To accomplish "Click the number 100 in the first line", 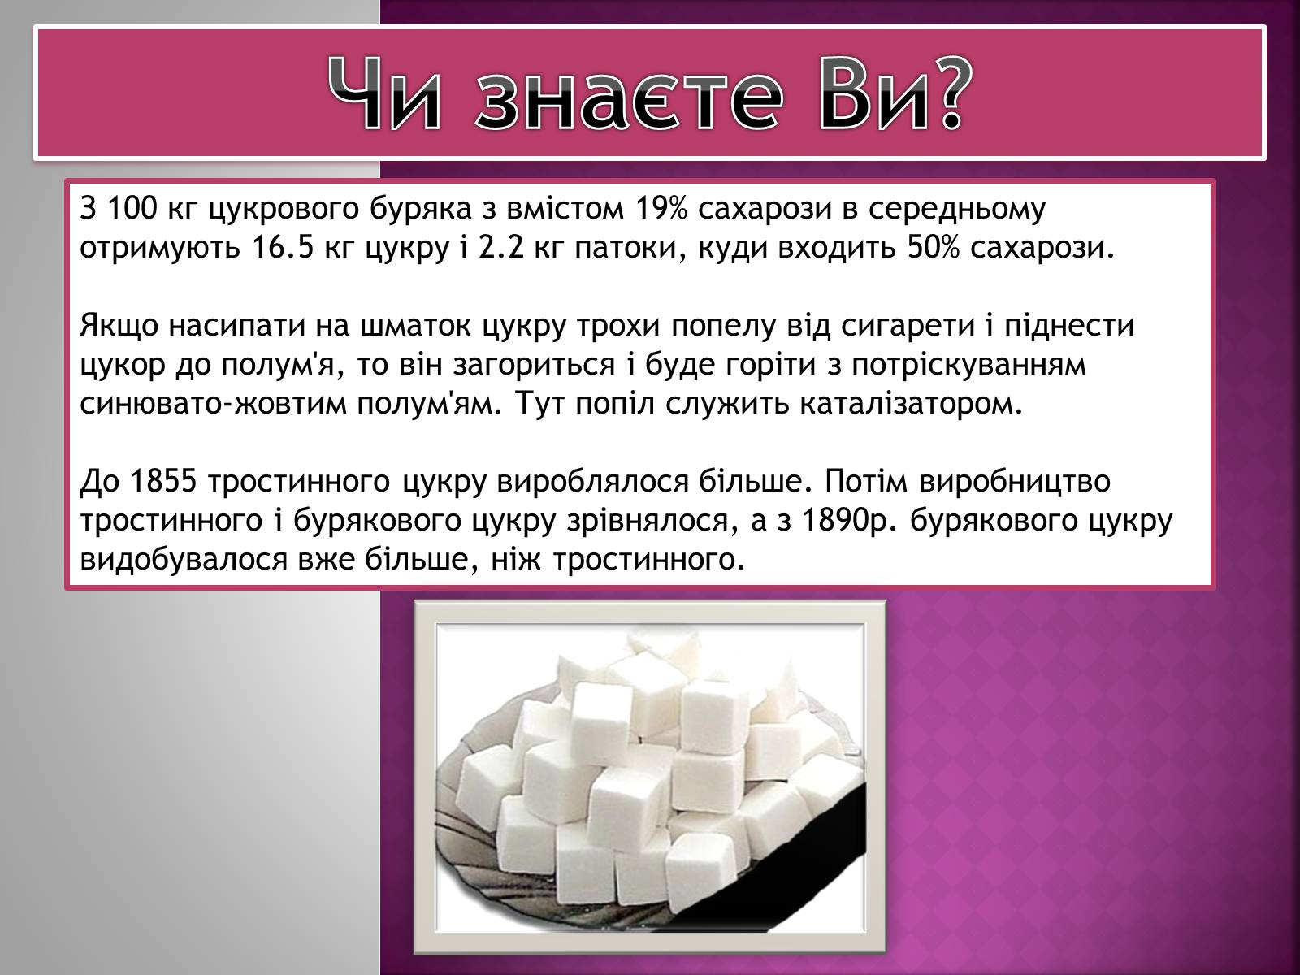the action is pyautogui.click(x=132, y=208).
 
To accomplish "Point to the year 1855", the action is pyautogui.click(x=163, y=481).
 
